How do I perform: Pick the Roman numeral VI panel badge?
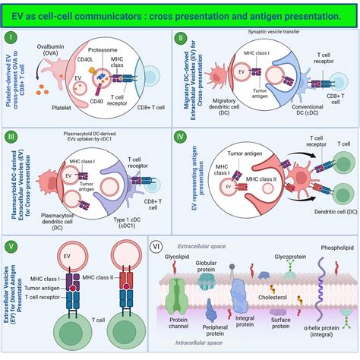point(156,245)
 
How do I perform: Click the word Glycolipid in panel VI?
point(178,257)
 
